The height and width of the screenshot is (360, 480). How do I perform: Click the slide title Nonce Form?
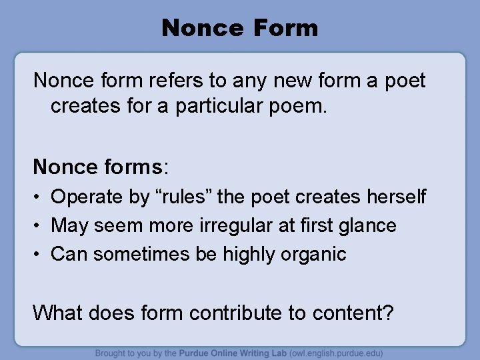click(x=240, y=28)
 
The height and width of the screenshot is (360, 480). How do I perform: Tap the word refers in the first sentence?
click(x=183, y=81)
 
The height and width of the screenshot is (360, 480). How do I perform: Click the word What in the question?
click(x=59, y=311)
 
